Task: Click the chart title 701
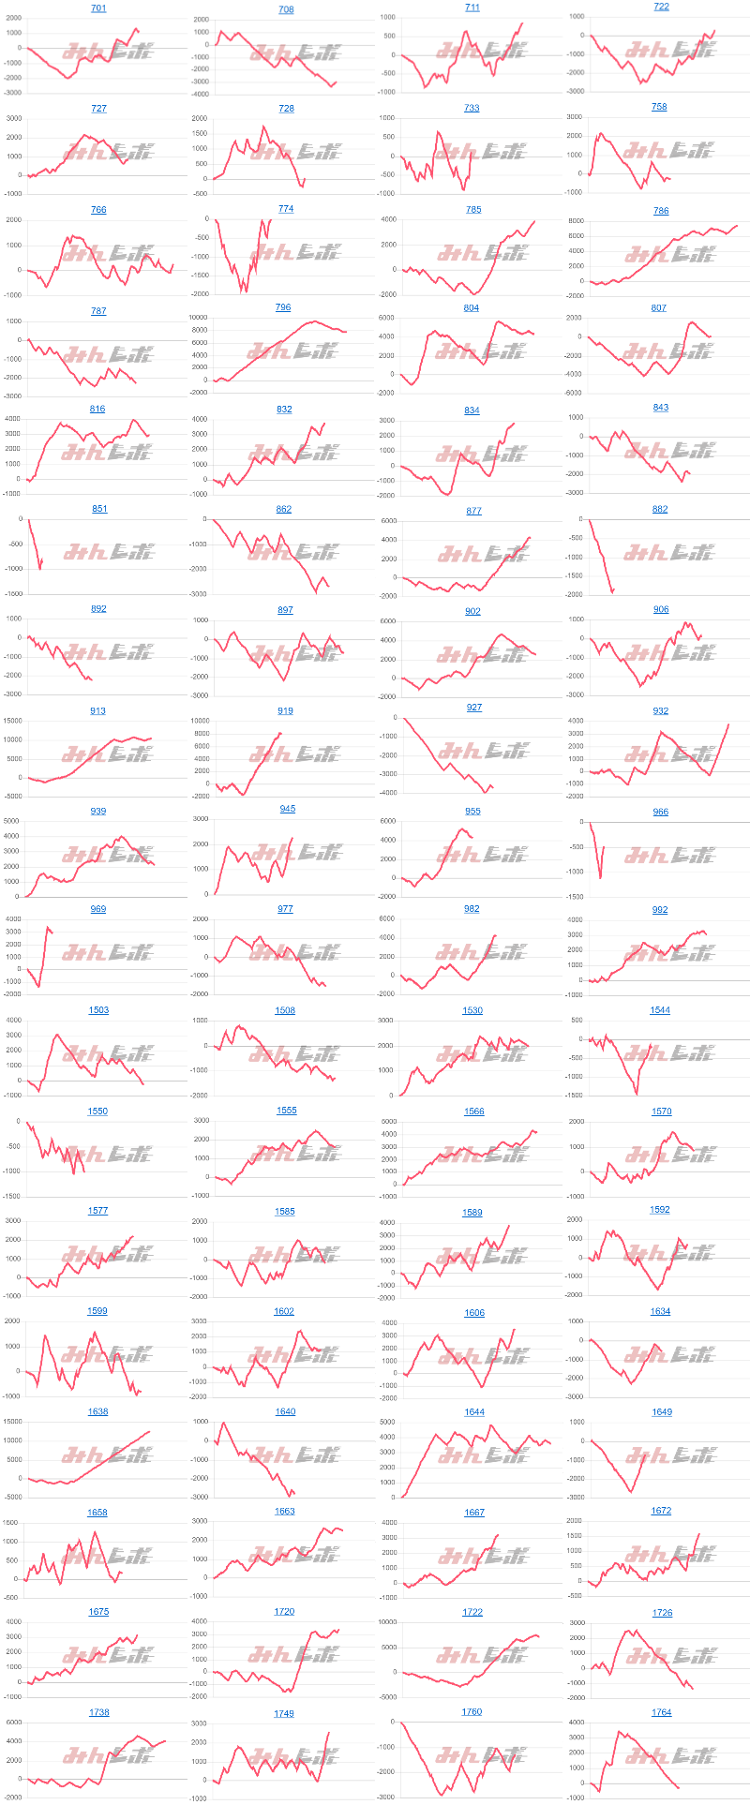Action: pos(98,8)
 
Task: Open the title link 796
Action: pos(283,307)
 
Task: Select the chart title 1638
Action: pos(98,1411)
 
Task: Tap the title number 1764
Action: pos(661,1712)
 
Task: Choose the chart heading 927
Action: pos(473,708)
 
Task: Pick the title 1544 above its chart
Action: pos(660,1010)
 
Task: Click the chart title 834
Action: pos(472,410)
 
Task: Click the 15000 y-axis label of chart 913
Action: pos(10,721)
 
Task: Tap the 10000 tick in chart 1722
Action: pos(385,1622)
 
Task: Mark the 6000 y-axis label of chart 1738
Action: pos(14,1723)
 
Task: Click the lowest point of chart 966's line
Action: pos(600,878)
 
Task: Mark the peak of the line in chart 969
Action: pos(48,927)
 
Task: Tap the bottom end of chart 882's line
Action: pos(611,592)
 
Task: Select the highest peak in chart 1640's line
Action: pos(223,1423)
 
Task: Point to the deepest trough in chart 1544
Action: pos(637,1094)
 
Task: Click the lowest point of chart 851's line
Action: pos(39,569)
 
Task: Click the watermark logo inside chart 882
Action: pos(669,552)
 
